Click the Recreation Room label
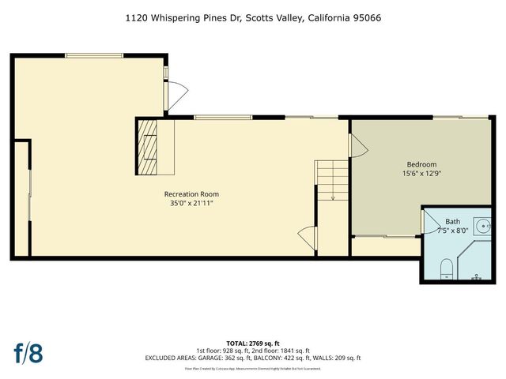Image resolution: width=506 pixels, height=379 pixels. [x=191, y=193]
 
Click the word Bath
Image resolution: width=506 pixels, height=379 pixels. [x=451, y=222]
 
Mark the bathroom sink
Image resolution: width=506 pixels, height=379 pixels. [x=482, y=223]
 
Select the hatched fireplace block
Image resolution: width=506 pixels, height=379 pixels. [x=148, y=147]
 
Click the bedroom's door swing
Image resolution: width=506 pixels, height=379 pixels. [x=357, y=144]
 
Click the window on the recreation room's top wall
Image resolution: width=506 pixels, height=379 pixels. [x=94, y=54]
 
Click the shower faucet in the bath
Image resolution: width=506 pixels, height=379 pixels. [x=478, y=277]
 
